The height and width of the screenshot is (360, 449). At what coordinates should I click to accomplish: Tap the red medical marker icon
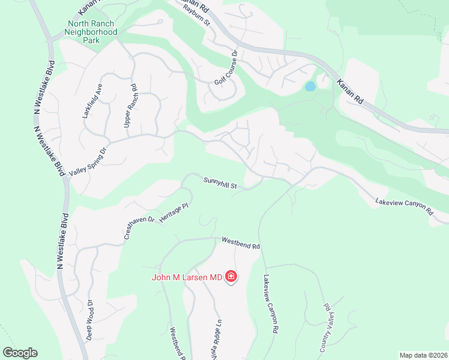231,277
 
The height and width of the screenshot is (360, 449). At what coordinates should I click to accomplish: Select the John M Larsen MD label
187,277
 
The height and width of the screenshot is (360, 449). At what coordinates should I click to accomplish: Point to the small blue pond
310,86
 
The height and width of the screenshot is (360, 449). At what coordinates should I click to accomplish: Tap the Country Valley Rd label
325,327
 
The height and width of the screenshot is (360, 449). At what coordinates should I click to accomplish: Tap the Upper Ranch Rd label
130,105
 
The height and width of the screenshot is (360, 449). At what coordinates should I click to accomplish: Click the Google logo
20,353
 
